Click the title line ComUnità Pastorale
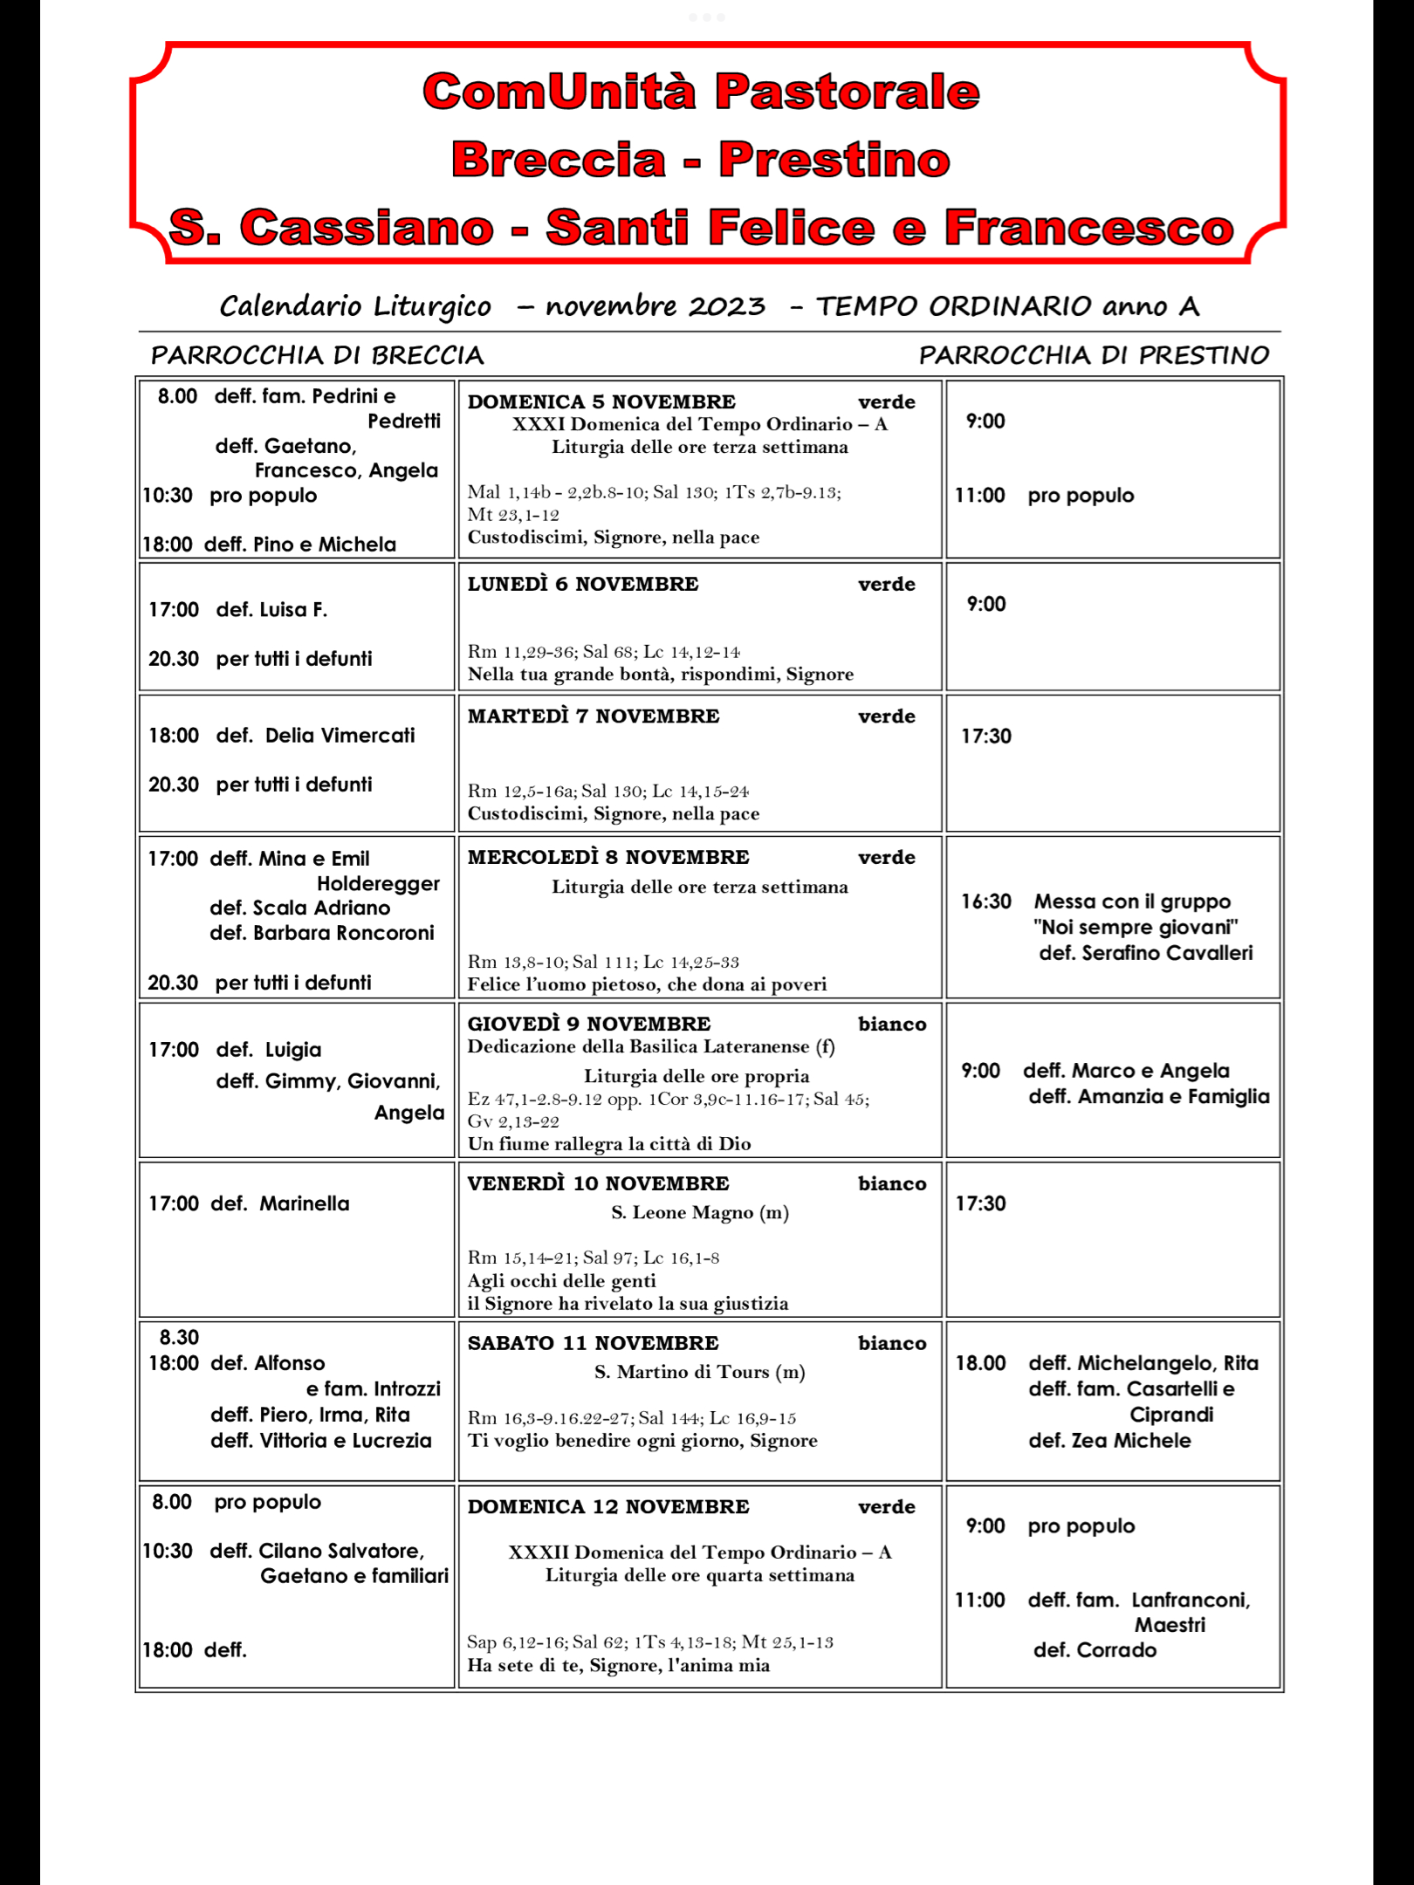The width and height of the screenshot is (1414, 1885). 701,92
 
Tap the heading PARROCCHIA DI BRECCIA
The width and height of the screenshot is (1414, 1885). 317,355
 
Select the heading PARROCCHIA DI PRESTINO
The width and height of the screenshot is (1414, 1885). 1094,355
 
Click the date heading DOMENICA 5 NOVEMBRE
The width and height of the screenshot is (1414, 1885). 601,401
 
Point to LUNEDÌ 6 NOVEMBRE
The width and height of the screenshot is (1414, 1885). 583,584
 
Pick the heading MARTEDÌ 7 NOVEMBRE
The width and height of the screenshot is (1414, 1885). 594,716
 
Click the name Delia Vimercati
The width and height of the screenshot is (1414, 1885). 340,736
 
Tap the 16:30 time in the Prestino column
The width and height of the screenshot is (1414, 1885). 986,901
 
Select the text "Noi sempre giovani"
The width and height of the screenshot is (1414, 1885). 1136,927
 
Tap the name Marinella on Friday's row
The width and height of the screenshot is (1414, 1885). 304,1203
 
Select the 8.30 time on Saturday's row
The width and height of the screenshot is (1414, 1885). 179,1337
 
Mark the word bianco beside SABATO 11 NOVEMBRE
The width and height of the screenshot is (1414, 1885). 891,1343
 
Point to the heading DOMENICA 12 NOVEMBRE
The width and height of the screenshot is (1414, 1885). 608,1506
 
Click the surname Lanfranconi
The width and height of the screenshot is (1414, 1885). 1191,1600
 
